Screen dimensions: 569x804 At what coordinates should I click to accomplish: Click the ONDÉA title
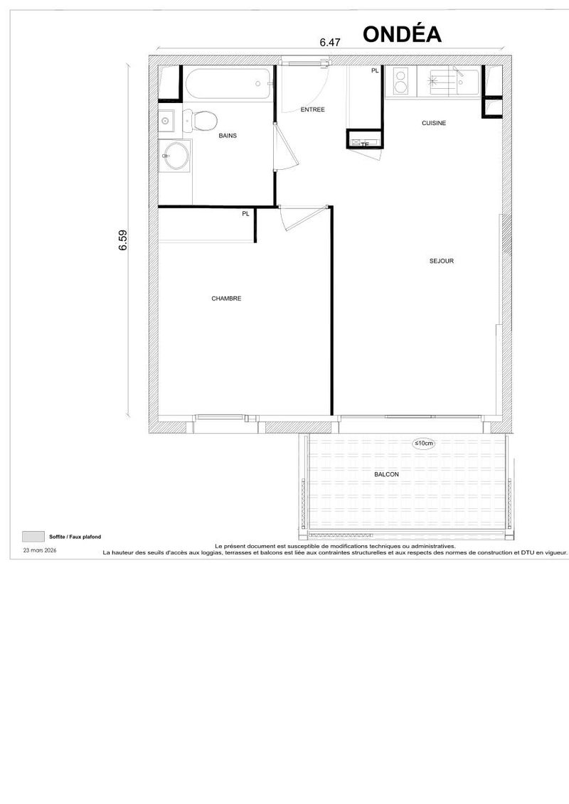pyautogui.click(x=402, y=33)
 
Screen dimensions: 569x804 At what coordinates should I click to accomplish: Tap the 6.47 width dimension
pyautogui.click(x=330, y=42)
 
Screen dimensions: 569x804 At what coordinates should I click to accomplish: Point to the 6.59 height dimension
pyautogui.click(x=123, y=240)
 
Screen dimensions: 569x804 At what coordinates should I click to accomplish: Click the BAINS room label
pyautogui.click(x=228, y=136)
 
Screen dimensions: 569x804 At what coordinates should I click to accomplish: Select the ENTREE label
pyautogui.click(x=312, y=109)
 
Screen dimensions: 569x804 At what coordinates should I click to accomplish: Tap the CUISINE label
pyautogui.click(x=434, y=123)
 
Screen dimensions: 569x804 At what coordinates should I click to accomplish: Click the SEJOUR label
pyautogui.click(x=441, y=261)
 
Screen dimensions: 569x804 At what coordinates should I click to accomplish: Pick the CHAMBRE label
pyautogui.click(x=226, y=299)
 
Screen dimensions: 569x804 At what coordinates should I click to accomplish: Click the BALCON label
pyautogui.click(x=385, y=475)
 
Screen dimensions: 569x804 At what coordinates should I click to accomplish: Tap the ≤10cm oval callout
pyautogui.click(x=424, y=444)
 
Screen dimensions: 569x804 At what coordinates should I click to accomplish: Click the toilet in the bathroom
pyautogui.click(x=201, y=120)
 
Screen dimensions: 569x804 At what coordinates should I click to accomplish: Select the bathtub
pyautogui.click(x=228, y=83)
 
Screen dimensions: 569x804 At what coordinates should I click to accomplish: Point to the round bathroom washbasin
pyautogui.click(x=174, y=155)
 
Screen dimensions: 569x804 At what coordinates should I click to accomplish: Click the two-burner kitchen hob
pyautogui.click(x=400, y=82)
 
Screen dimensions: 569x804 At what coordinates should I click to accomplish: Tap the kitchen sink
pyautogui.click(x=452, y=82)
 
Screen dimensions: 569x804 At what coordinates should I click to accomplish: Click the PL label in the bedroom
pyautogui.click(x=245, y=214)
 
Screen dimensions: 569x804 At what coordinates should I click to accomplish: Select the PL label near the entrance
pyautogui.click(x=375, y=71)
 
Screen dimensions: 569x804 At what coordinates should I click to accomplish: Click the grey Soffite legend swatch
pyautogui.click(x=33, y=536)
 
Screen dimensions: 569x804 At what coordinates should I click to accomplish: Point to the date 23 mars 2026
pyautogui.click(x=40, y=550)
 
